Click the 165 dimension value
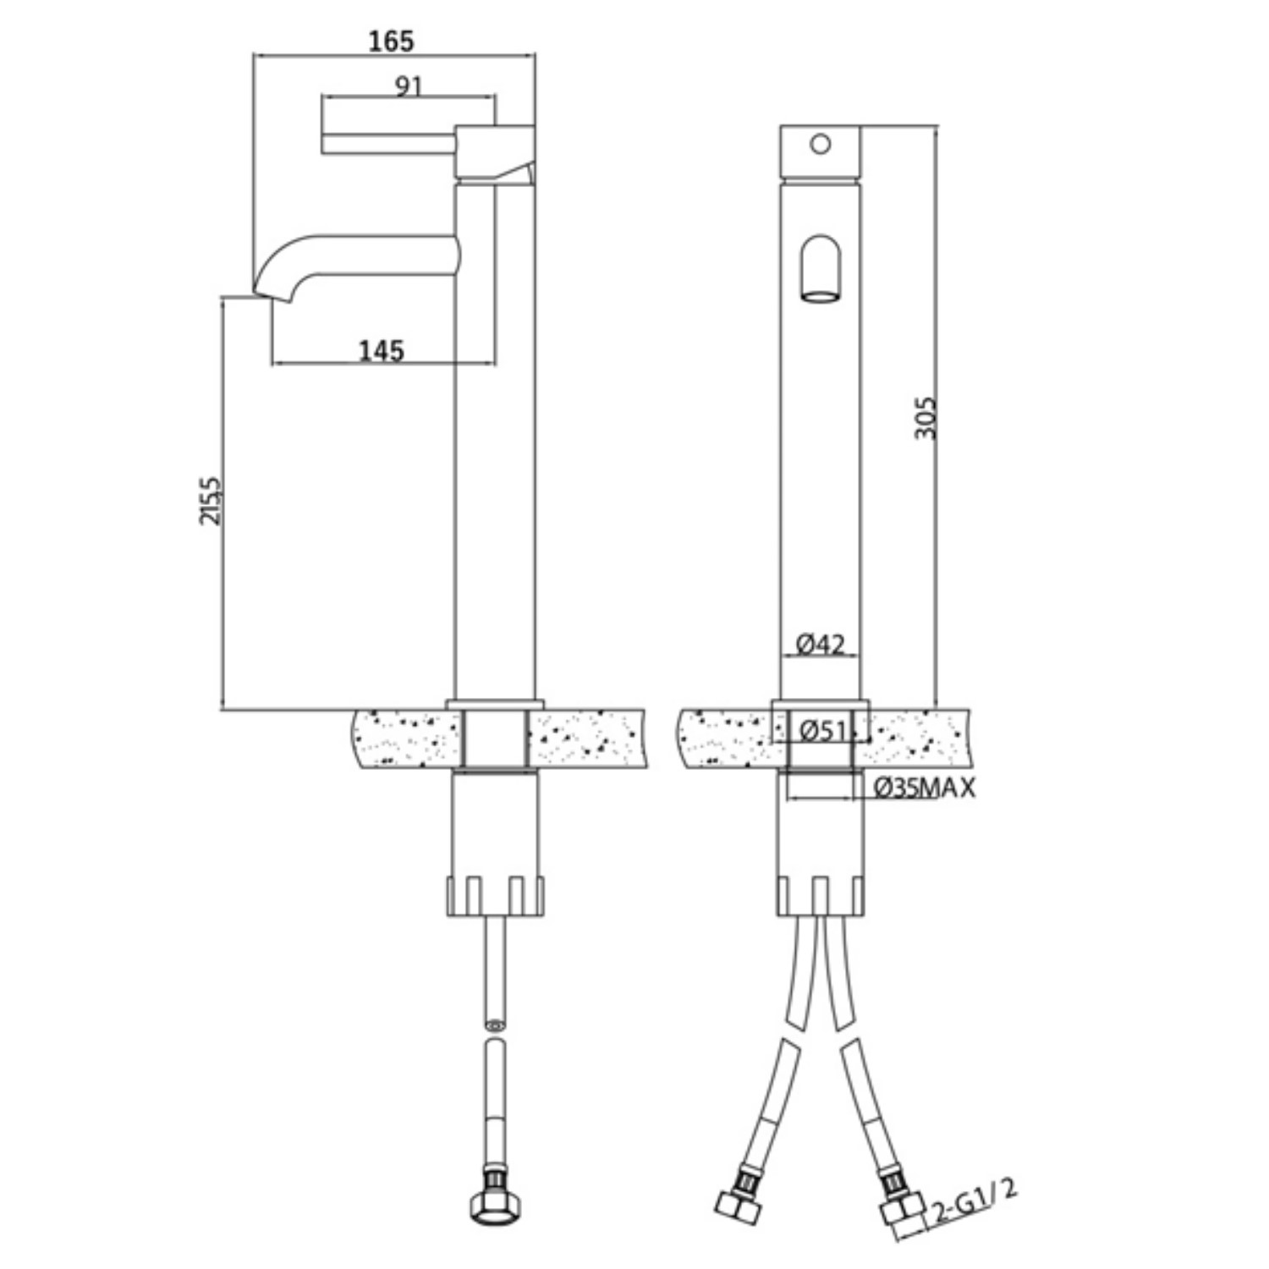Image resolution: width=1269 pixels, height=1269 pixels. pyautogui.click(x=392, y=41)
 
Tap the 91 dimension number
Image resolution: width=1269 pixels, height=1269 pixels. pyautogui.click(x=408, y=85)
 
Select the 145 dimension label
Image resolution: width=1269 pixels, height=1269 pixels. pyautogui.click(x=382, y=350)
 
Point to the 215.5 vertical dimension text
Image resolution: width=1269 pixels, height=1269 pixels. pyautogui.click(x=211, y=501)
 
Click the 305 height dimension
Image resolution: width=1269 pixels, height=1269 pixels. pyautogui.click(x=927, y=417)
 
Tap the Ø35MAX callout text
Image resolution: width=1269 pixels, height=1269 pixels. pyautogui.click(x=924, y=788)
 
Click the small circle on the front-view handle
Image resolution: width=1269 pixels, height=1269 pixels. pyautogui.click(x=820, y=145)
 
